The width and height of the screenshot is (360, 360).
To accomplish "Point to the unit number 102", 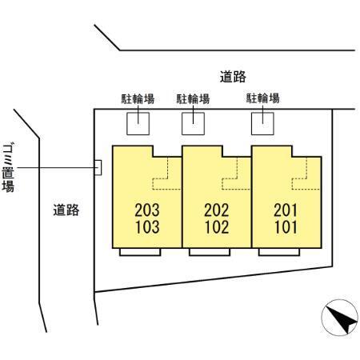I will point(217,226).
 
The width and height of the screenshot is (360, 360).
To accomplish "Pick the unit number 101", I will point(285,226).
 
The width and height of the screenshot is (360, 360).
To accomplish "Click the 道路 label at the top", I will point(232,77).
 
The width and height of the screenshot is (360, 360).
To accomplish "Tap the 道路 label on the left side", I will point(66,210).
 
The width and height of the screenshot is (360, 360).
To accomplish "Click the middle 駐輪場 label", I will point(193,99).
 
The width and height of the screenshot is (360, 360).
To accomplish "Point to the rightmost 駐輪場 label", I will point(262,99).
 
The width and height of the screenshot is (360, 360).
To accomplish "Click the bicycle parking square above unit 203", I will point(138,122).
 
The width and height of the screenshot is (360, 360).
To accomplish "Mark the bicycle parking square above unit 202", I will point(193,122).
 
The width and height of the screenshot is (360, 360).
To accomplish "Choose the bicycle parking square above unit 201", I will point(262,122).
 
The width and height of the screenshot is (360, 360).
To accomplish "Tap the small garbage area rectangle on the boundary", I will point(98,166).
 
